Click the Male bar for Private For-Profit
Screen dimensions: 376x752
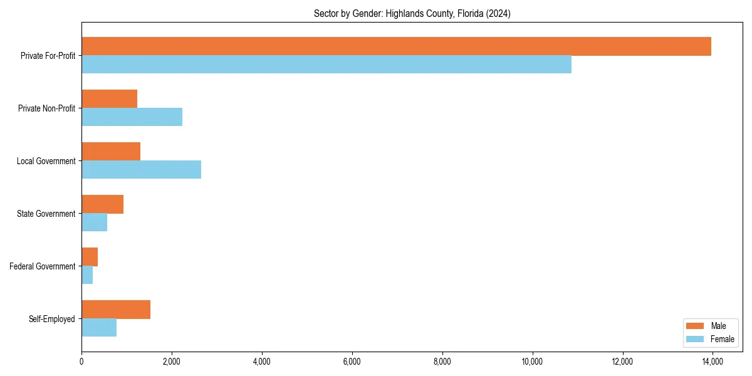396,46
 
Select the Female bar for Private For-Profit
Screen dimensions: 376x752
326,65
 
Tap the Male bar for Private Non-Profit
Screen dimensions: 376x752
109,99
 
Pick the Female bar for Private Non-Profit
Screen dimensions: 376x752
132,117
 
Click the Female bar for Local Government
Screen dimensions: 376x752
141,170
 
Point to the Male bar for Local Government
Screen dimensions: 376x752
111,152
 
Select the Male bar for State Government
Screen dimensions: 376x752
102,204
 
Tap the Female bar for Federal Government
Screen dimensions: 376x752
87,275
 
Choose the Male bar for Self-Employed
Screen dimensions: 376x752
116,310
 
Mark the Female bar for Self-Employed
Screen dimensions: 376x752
99,328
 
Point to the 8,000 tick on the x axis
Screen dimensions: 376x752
442,362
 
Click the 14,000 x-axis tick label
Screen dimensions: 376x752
713,362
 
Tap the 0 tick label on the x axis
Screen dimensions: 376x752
81,362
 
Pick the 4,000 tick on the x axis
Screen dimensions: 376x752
262,362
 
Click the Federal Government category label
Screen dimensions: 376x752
43,266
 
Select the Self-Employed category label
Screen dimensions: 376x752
52,319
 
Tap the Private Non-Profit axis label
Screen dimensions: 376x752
46,108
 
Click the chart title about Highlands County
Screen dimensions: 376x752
412,14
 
